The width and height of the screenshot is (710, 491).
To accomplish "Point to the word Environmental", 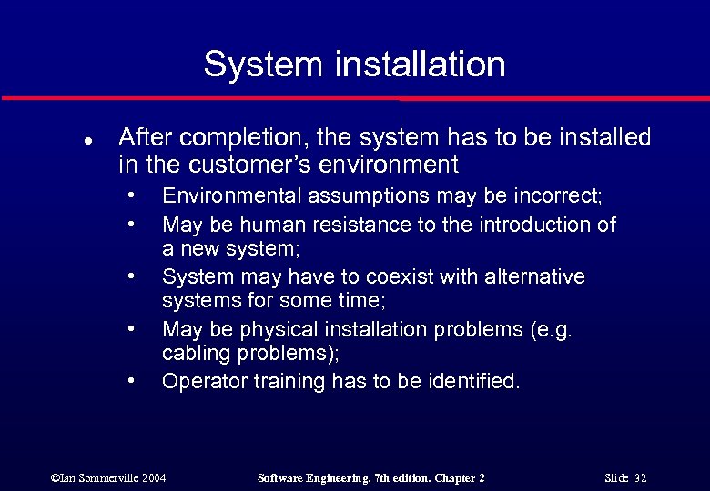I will tap(232, 196).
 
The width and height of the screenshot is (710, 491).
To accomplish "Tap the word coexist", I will tap(377, 276).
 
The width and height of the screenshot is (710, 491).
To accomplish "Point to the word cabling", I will tap(194, 354).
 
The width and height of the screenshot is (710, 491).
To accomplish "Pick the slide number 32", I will tap(639, 478).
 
